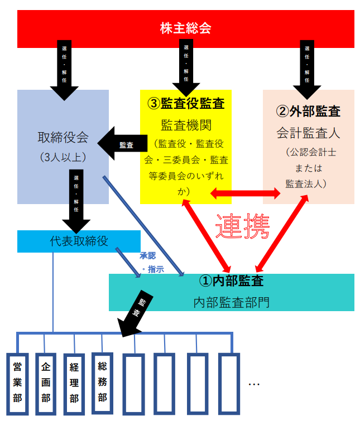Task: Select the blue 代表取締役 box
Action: coord(78,240)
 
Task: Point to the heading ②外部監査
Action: coord(308,110)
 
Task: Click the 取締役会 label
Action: coord(63,137)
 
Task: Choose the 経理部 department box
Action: coord(74,383)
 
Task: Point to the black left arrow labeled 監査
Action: coord(122,144)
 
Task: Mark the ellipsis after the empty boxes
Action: coord(254,384)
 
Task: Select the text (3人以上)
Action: coord(63,157)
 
